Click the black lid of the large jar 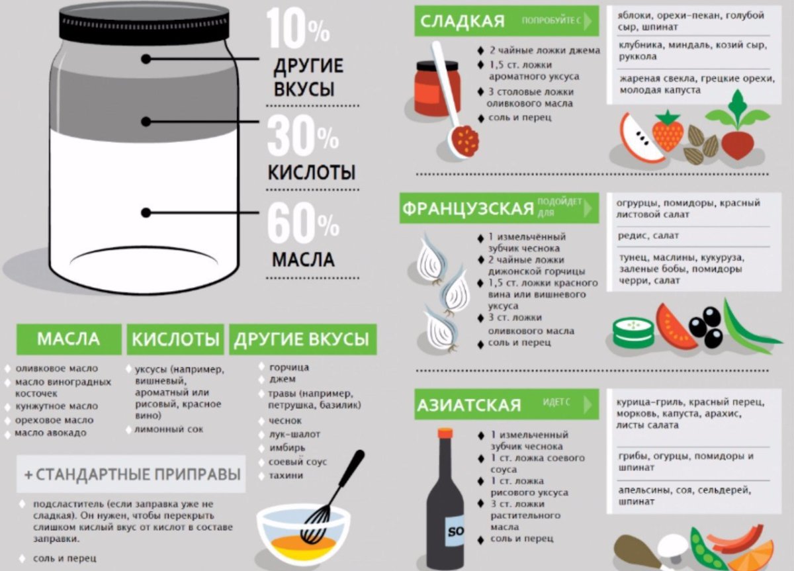pos(144,22)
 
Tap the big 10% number pos(298,28)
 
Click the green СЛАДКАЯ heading pos(463,21)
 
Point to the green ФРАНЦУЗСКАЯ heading pos(468,208)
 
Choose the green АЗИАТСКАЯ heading pos(468,405)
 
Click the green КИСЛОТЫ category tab pos(175,339)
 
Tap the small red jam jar pos(438,89)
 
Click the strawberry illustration pos(668,130)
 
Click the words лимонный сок pos(169,429)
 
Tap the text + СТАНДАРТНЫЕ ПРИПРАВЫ pos(132,474)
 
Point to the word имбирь pos(287,448)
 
